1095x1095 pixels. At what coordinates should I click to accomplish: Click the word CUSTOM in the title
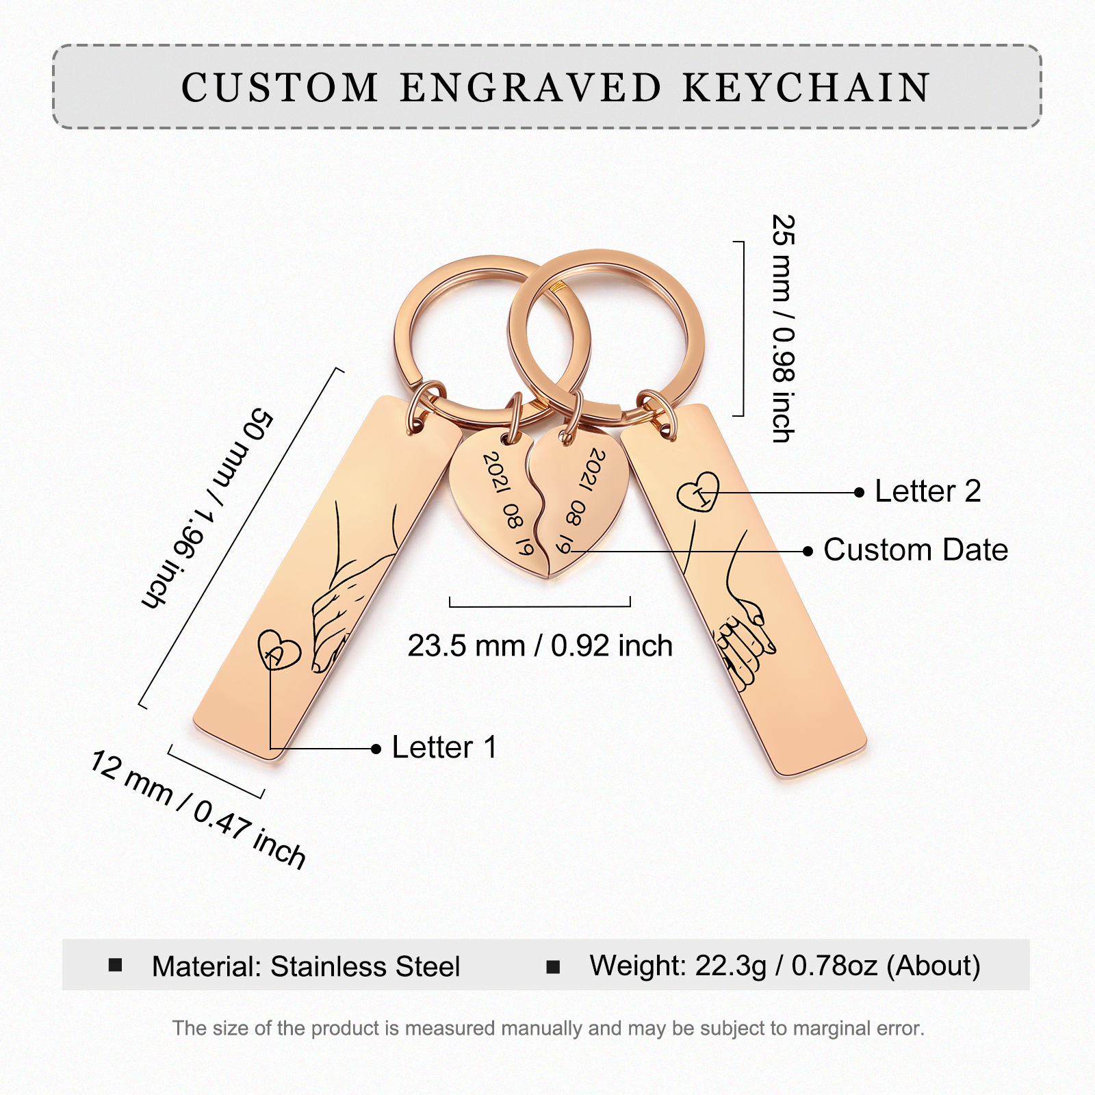tap(280, 88)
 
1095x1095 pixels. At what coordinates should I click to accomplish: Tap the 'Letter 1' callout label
tap(444, 747)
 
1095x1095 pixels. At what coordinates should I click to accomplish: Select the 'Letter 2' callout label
tap(927, 491)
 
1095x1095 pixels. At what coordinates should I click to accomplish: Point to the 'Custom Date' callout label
tap(915, 550)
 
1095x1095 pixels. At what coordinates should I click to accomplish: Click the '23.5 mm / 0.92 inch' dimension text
tap(540, 646)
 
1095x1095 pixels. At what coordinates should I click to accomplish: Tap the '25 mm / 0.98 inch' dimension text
tap(784, 328)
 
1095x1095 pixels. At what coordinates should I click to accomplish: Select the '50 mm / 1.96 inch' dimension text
tap(209, 508)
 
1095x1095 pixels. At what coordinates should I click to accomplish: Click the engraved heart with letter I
tap(699, 491)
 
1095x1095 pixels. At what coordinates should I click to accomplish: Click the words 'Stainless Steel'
tap(365, 967)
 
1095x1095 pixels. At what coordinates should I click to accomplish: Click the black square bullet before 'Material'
tap(116, 966)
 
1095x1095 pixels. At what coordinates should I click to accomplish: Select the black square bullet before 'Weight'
tap(553, 966)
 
